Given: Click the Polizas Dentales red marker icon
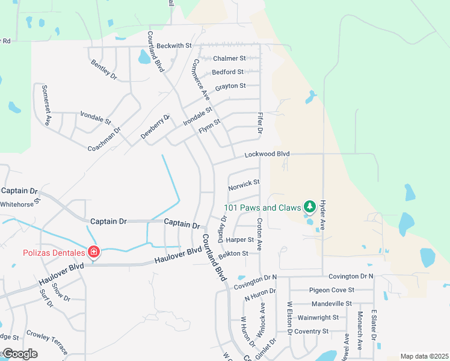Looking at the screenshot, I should pyautogui.click(x=94, y=251).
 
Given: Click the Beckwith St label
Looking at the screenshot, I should pyautogui.click(x=173, y=46).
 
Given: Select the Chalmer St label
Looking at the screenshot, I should pyautogui.click(x=230, y=58).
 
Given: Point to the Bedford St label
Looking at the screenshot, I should pyautogui.click(x=228, y=72).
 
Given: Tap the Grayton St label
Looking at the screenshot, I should pyautogui.click(x=230, y=86).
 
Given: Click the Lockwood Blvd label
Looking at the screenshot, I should pyautogui.click(x=267, y=155).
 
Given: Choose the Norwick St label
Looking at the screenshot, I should pyautogui.click(x=244, y=182).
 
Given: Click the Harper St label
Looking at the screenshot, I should pyautogui.click(x=239, y=239).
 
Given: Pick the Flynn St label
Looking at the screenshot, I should pyautogui.click(x=210, y=126).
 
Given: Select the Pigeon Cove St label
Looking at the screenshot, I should pyautogui.click(x=331, y=290).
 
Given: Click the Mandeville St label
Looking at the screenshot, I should pyautogui.click(x=331, y=304).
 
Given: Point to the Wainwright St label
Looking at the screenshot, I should pyautogui.click(x=318, y=317).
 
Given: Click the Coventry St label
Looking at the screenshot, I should pyautogui.click(x=312, y=331).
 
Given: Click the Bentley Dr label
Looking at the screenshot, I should pyautogui.click(x=103, y=69).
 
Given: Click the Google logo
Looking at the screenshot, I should pyautogui.click(x=19, y=354).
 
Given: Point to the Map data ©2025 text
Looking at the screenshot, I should pyautogui.click(x=424, y=356).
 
